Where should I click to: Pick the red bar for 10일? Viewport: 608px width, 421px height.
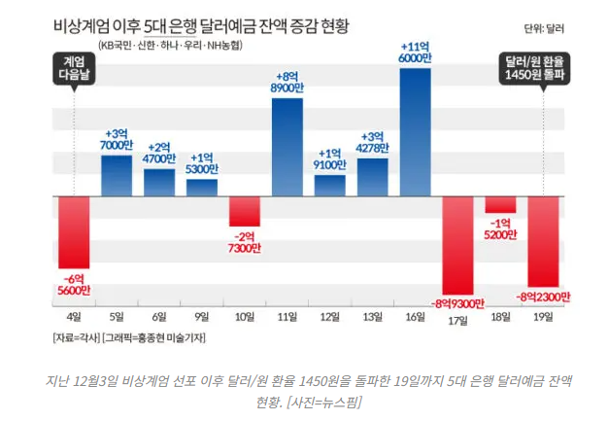point(245,211)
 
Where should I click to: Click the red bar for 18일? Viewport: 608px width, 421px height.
point(501,204)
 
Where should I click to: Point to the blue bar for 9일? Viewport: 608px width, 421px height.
point(202,187)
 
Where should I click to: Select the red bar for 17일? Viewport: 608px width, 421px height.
point(458,243)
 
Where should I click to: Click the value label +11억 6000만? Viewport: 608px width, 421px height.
point(416,53)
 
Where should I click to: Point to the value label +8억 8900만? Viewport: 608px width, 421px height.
point(287,82)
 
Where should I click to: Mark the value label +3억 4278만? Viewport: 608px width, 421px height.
point(373,142)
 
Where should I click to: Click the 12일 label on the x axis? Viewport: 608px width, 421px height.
point(330,316)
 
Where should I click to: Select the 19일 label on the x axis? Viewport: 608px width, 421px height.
point(544,316)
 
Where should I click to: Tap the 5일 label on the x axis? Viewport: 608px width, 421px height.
point(117,316)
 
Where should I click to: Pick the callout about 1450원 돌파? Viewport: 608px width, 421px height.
point(543,68)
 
